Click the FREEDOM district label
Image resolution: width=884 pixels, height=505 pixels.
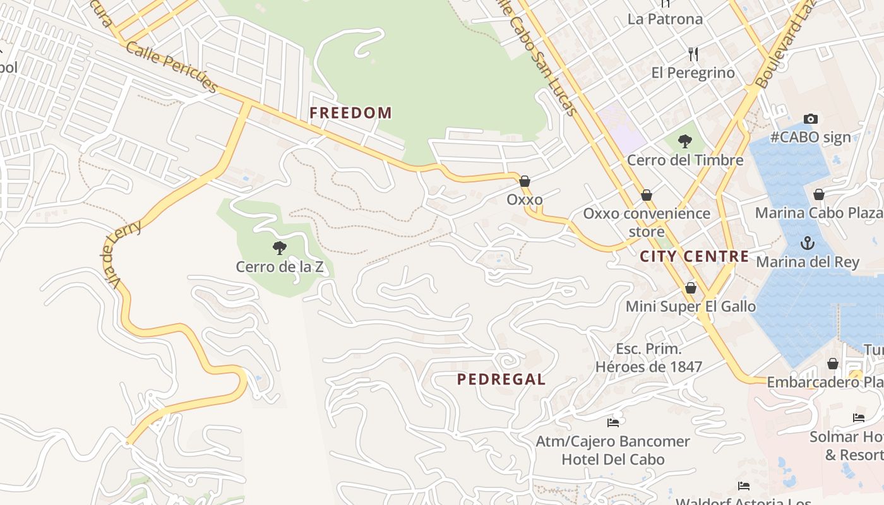pyautogui.click(x=350, y=113)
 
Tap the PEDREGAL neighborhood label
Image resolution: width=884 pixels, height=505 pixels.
pyautogui.click(x=501, y=379)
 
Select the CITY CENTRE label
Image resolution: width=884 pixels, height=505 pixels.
pyautogui.click(x=694, y=256)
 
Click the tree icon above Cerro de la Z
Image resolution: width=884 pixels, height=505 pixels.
pyautogui.click(x=279, y=247)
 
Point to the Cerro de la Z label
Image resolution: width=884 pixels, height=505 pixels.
pyautogui.click(x=279, y=267)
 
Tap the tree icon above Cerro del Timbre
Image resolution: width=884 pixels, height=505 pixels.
pyautogui.click(x=684, y=141)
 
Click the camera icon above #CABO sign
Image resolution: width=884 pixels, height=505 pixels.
pyautogui.click(x=811, y=119)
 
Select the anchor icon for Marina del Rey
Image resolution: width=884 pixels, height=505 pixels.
pyautogui.click(x=807, y=243)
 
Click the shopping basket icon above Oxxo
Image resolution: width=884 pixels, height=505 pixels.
pyautogui.click(x=525, y=181)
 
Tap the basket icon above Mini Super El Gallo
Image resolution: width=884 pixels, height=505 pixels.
pyautogui.click(x=691, y=288)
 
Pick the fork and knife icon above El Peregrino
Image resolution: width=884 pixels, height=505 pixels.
pyautogui.click(x=693, y=54)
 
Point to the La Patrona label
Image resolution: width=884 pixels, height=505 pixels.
pyautogui.click(x=665, y=19)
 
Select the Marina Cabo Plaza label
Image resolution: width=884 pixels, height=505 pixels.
pyautogui.click(x=819, y=213)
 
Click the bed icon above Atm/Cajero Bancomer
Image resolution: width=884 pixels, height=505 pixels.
pyautogui.click(x=612, y=422)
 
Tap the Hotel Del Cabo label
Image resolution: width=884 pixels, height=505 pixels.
pyautogui.click(x=612, y=459)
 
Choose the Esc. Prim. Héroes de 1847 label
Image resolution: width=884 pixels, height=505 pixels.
pyautogui.click(x=648, y=357)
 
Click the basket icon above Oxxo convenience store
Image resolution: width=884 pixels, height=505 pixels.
pyautogui.click(x=647, y=195)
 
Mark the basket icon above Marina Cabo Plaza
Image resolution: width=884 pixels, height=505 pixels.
pyautogui.click(x=819, y=194)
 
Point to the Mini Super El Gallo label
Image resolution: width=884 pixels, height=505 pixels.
pyautogui.click(x=690, y=307)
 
